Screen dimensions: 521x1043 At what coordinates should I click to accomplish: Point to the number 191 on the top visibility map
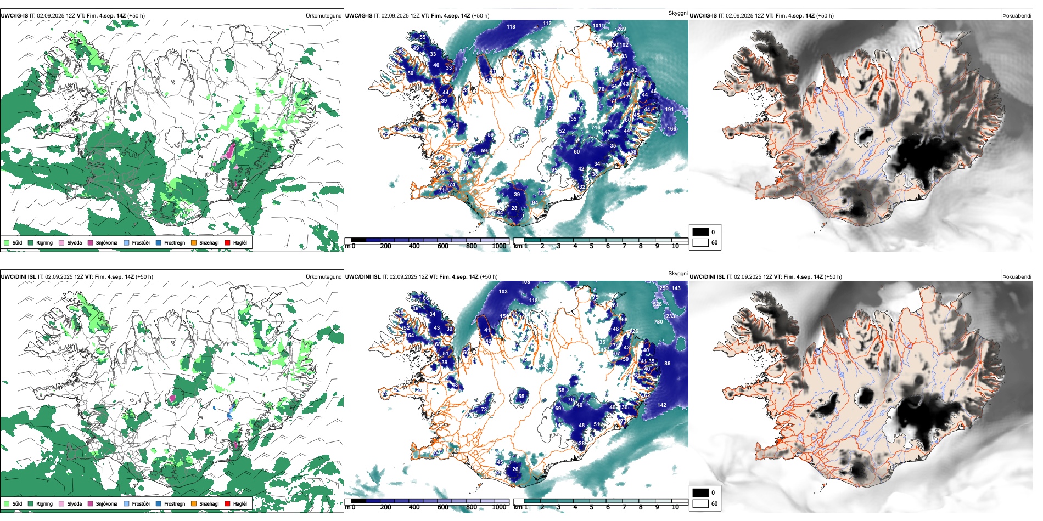[669, 110]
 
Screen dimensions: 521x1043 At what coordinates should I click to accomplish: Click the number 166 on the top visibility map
[671, 129]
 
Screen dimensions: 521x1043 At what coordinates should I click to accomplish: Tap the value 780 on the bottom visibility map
[658, 322]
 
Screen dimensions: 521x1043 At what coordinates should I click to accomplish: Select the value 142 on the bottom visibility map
[661, 405]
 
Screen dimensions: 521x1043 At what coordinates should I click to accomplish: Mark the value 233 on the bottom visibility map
[670, 316]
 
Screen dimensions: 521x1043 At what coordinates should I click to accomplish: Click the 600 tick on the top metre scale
[442, 246]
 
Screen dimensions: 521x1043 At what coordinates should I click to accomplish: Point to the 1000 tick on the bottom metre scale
[499, 507]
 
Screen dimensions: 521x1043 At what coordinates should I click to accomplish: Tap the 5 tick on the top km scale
[591, 246]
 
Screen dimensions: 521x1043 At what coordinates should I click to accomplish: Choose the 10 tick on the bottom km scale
[675, 507]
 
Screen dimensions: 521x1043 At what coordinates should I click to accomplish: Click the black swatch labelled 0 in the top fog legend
[700, 232]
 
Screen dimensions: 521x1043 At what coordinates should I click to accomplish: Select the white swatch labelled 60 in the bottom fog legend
[700, 503]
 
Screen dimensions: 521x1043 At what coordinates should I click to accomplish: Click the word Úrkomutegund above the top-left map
[323, 16]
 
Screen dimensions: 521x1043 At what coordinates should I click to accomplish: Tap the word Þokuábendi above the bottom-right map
[1017, 277]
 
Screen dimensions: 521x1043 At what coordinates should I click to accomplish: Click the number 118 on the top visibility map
[511, 26]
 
